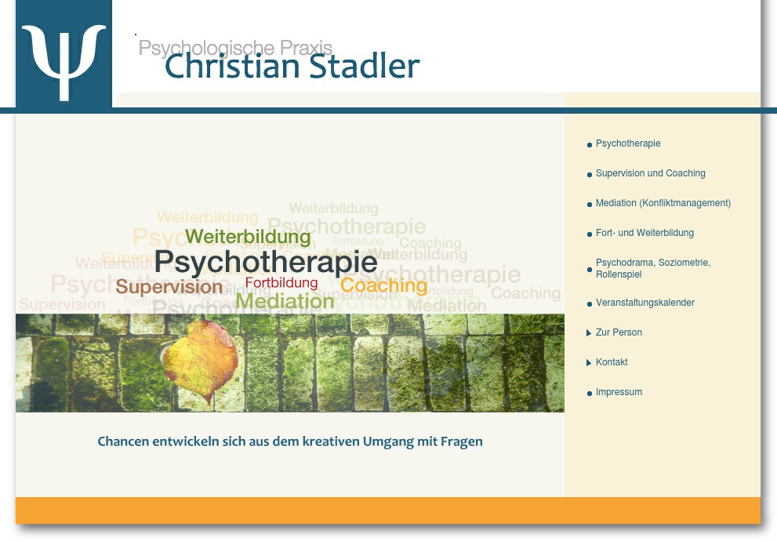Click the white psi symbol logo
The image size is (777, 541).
click(x=64, y=61)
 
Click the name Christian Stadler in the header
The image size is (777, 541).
click(x=292, y=67)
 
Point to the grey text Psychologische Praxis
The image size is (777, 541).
click(x=235, y=48)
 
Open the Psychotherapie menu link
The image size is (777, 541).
click(x=628, y=144)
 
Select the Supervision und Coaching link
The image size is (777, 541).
click(x=650, y=174)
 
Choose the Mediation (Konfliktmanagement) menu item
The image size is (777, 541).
click(x=663, y=204)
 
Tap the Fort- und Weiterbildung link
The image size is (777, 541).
click(x=644, y=234)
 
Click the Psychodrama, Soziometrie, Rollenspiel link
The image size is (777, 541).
click(x=652, y=269)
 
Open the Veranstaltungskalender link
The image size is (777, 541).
click(x=644, y=303)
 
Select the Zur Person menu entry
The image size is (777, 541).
click(x=619, y=333)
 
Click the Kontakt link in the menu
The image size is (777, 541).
click(x=612, y=363)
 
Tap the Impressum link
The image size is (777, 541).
click(x=619, y=393)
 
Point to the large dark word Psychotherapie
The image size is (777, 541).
click(x=265, y=262)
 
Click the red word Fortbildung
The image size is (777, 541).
click(x=281, y=283)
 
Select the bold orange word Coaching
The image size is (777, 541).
click(x=383, y=285)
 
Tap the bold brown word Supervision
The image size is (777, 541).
click(x=169, y=287)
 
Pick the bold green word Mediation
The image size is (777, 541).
click(x=285, y=301)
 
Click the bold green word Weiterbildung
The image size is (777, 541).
click(x=248, y=237)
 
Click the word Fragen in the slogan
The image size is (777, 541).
click(x=463, y=442)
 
